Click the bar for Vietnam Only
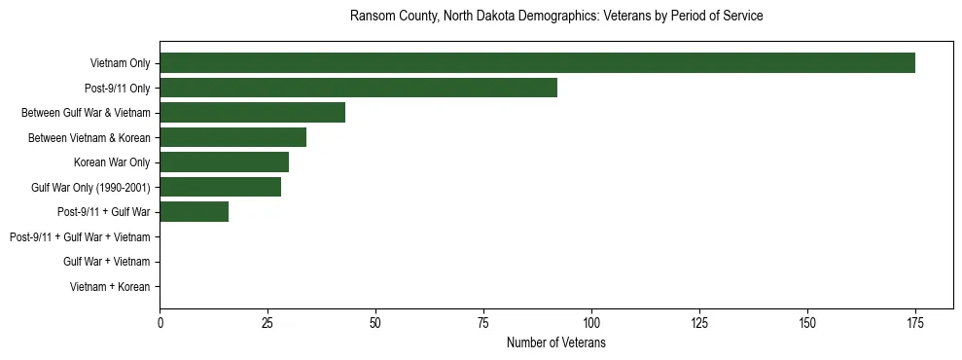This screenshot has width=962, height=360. click(537, 63)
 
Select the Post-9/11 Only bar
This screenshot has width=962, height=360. click(358, 88)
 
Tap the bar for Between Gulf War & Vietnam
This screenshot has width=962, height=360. click(252, 113)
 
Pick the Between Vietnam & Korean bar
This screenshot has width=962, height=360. click(232, 137)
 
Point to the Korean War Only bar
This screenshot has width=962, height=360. click(224, 162)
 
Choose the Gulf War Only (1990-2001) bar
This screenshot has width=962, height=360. click(220, 187)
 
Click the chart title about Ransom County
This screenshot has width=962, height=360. click(555, 17)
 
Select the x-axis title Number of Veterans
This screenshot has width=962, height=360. click(555, 343)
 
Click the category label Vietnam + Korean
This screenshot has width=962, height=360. click(110, 287)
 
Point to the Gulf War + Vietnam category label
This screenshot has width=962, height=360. click(106, 262)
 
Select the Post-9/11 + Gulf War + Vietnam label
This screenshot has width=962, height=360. click(80, 236)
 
